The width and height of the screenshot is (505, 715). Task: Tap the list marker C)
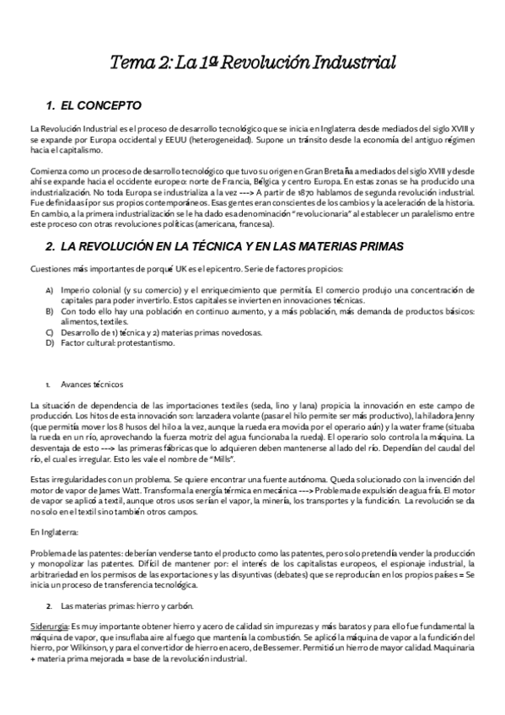(51, 332)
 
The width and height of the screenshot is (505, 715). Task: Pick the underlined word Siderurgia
(49, 626)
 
